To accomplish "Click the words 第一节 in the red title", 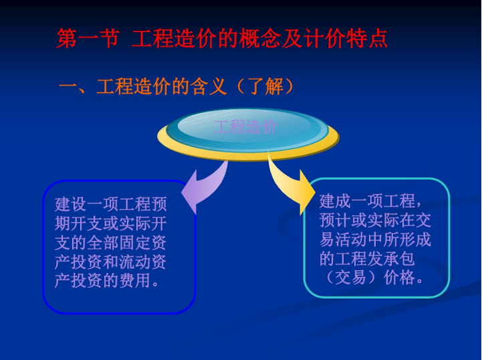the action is click(88, 39).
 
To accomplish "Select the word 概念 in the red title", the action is click(260, 39).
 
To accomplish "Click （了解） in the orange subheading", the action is click(265, 86).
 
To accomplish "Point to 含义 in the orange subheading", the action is click(209, 86).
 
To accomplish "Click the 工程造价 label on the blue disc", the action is click(245, 126).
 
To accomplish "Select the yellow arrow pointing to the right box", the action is click(291, 185).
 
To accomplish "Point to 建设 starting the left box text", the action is click(71, 204).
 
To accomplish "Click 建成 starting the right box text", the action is click(335, 201).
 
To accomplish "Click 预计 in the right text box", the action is click(335, 221).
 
